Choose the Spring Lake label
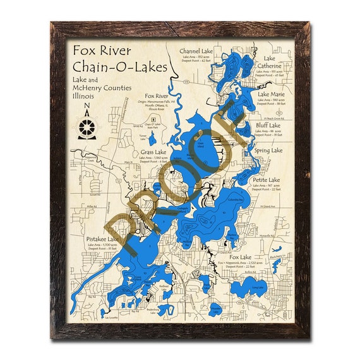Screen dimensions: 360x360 (268, 151)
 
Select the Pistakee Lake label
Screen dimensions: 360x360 (104, 240)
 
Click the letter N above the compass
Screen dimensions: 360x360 (87, 109)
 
